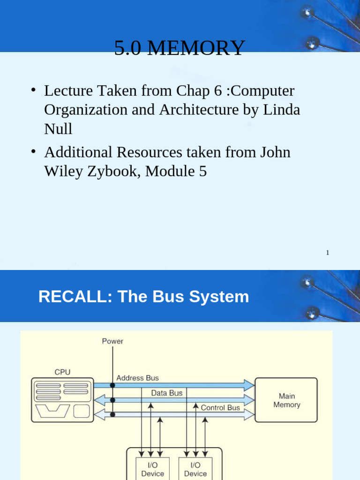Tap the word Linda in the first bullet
[282, 110]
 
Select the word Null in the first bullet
[58, 129]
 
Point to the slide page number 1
[328, 253]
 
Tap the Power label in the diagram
[112, 341]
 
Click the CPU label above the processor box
[62, 372]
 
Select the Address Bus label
[137, 378]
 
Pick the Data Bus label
[166, 393]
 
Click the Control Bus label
[220, 408]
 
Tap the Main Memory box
[286, 400]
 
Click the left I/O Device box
[152, 469]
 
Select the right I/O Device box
[195, 469]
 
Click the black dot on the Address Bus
[112, 385]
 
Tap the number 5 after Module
[202, 172]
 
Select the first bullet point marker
[34, 90]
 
